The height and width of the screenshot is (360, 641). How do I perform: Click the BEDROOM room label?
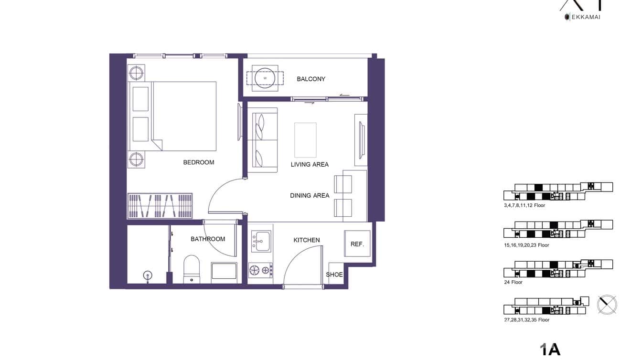pyautogui.click(x=199, y=162)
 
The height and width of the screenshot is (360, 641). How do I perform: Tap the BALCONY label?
pyautogui.click(x=311, y=79)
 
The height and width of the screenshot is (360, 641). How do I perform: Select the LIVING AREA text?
pyautogui.click(x=310, y=164)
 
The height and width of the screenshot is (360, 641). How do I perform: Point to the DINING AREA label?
pyautogui.click(x=310, y=195)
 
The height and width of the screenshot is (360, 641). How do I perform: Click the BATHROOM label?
pyautogui.click(x=208, y=239)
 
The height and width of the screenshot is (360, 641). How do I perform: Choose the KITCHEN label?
pyautogui.click(x=307, y=240)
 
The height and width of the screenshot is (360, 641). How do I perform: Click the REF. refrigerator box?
pyautogui.click(x=357, y=244)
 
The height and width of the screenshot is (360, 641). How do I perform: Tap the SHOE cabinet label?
pyautogui.click(x=334, y=275)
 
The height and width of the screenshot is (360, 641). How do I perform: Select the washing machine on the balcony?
pyautogui.click(x=265, y=78)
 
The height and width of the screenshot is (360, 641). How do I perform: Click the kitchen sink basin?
pyautogui.click(x=261, y=241)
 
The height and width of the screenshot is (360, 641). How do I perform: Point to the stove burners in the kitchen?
pyautogui.click(x=260, y=271)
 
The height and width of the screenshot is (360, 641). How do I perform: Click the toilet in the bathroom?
pyautogui.click(x=192, y=269)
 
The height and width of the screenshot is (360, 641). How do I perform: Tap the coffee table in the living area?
pyautogui.click(x=306, y=140)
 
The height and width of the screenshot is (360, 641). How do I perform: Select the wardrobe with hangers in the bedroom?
pyautogui.click(x=160, y=205)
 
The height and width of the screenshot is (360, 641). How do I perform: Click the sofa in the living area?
pyautogui.click(x=262, y=140)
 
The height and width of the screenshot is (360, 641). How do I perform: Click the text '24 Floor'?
pyautogui.click(x=513, y=282)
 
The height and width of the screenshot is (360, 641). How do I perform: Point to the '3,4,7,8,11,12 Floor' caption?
pyautogui.click(x=524, y=205)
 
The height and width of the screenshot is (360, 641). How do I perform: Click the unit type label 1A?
pyautogui.click(x=550, y=349)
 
